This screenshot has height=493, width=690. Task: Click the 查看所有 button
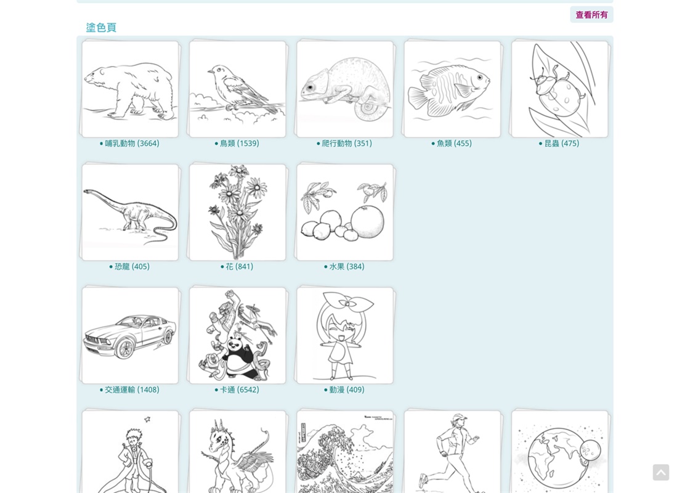(x=591, y=15)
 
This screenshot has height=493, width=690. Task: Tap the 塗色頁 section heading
(x=101, y=27)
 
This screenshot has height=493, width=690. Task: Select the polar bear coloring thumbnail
(x=130, y=89)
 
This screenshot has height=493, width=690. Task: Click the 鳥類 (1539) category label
(x=237, y=144)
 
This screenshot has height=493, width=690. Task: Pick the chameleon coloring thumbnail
(x=345, y=89)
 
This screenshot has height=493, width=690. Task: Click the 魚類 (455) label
(x=452, y=144)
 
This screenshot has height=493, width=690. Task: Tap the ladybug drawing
(x=560, y=89)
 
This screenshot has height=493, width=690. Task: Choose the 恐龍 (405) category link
(x=129, y=267)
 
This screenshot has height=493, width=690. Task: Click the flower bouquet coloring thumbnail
(x=238, y=213)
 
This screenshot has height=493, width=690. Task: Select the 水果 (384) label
(x=344, y=267)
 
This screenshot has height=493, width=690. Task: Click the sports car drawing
(x=130, y=336)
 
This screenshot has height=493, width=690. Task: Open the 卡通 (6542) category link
(x=237, y=390)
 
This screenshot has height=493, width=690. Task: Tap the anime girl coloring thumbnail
(x=345, y=336)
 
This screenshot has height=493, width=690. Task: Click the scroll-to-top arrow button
(x=661, y=472)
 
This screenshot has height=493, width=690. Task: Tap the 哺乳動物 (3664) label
(x=129, y=144)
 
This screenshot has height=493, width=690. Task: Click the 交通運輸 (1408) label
(x=129, y=390)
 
